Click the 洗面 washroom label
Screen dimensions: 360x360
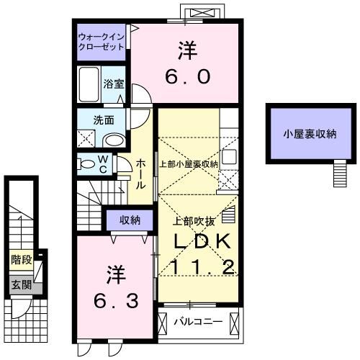click(x=102, y=120)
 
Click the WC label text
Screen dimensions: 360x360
click(x=103, y=163)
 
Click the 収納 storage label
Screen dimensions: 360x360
click(x=130, y=220)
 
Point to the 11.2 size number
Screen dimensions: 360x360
click(x=202, y=267)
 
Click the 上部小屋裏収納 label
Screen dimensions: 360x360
click(x=189, y=164)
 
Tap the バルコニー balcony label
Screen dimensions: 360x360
click(x=199, y=320)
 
